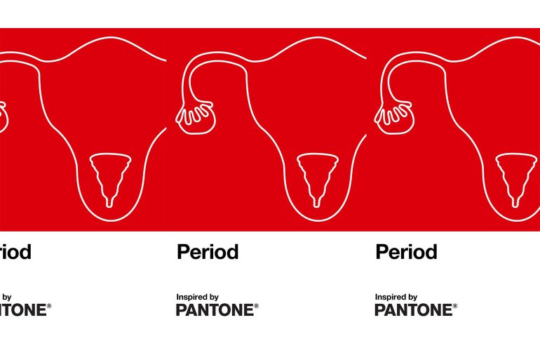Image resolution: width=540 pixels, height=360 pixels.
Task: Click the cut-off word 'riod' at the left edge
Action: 15,252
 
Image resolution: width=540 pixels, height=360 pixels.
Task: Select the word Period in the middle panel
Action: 208,252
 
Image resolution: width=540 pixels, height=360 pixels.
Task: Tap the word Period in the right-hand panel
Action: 406,252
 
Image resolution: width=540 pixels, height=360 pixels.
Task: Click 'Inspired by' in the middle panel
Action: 197,297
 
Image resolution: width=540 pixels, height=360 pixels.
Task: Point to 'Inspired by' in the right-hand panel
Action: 396,297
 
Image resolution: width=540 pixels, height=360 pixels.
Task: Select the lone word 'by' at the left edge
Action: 6,298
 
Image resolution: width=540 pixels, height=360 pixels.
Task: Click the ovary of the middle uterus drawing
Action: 196,117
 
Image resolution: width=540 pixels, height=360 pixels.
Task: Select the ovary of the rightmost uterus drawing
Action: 394,117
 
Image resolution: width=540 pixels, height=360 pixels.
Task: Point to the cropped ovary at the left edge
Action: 3,117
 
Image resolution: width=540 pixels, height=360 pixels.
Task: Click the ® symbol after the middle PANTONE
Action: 256,306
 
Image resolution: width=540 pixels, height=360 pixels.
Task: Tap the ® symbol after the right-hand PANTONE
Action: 455,306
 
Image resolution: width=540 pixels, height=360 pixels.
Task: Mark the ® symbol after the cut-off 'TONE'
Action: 49,306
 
